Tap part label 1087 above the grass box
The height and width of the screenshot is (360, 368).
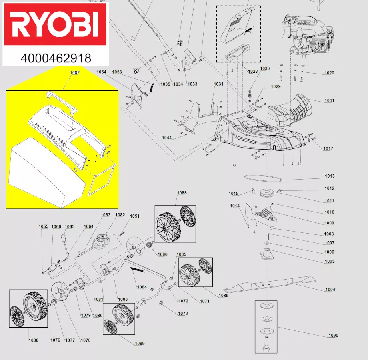coord(74,73)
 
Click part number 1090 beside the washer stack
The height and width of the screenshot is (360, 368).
coord(333,336)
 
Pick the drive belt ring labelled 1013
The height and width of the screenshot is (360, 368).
coord(262,178)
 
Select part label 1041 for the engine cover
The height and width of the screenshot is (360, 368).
coord(330,100)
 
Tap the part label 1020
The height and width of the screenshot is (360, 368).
coord(329,73)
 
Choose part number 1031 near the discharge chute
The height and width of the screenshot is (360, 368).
coord(218,84)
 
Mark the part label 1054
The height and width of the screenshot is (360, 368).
coord(101,72)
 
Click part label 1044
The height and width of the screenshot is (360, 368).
coord(167,138)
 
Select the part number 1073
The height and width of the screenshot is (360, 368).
coord(183,314)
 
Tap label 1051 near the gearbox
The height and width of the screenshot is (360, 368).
coord(135,216)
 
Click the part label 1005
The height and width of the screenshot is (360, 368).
coord(330,261)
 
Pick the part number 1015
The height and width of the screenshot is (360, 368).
coord(234,194)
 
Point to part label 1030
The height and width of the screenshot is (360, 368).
coord(265,68)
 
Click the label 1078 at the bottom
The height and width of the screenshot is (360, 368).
coord(85,340)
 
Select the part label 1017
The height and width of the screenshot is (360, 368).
coord(328,148)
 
